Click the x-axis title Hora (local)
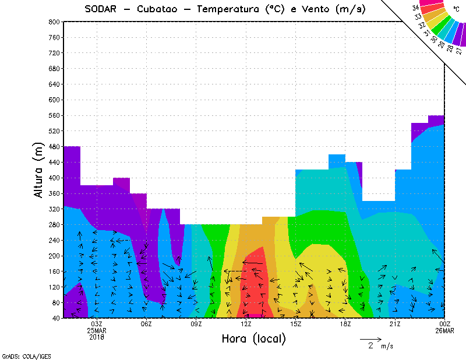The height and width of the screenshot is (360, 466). [x=253, y=338]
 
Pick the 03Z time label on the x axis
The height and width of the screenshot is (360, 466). [x=97, y=324]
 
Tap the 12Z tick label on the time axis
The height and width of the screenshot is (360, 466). [x=246, y=324]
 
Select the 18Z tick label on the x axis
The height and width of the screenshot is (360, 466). [x=345, y=324]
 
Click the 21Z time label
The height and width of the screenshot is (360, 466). [x=395, y=324]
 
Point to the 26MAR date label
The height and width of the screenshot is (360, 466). [x=445, y=330]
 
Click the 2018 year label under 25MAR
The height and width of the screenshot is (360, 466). [x=97, y=337]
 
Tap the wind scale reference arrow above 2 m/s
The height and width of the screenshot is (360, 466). [x=370, y=338]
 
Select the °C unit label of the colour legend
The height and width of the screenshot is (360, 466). [x=456, y=9]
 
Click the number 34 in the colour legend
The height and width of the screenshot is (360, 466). [x=415, y=8]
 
